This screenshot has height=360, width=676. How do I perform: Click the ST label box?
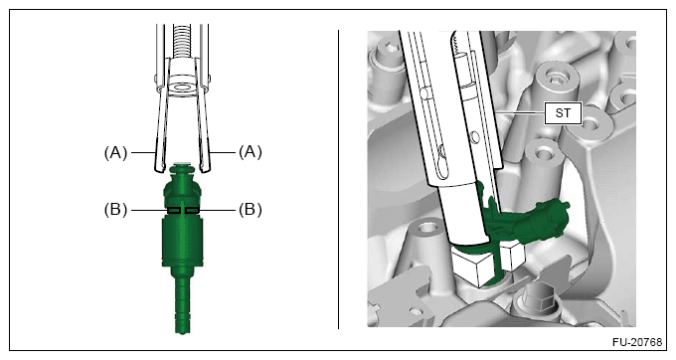[x=563, y=113]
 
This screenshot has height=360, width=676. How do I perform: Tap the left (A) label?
[x=115, y=152]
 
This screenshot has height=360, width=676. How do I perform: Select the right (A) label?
[x=251, y=152]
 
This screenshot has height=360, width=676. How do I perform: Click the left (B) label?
[x=115, y=210]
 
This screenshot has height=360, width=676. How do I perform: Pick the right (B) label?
[x=251, y=210]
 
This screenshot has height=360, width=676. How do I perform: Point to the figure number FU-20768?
[x=637, y=342]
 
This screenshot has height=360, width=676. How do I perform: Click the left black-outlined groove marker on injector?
[x=174, y=210]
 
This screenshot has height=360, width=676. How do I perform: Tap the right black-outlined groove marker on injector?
[x=192, y=210]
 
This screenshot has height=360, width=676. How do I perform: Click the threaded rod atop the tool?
[x=183, y=41]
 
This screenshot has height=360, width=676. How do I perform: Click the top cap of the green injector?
[x=183, y=169]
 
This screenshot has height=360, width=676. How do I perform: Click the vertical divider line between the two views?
[x=338, y=179]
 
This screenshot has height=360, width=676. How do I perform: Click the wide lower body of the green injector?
[x=182, y=242]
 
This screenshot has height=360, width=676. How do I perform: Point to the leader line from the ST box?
[x=520, y=112]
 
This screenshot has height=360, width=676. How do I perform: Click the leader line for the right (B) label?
[x=219, y=210]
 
